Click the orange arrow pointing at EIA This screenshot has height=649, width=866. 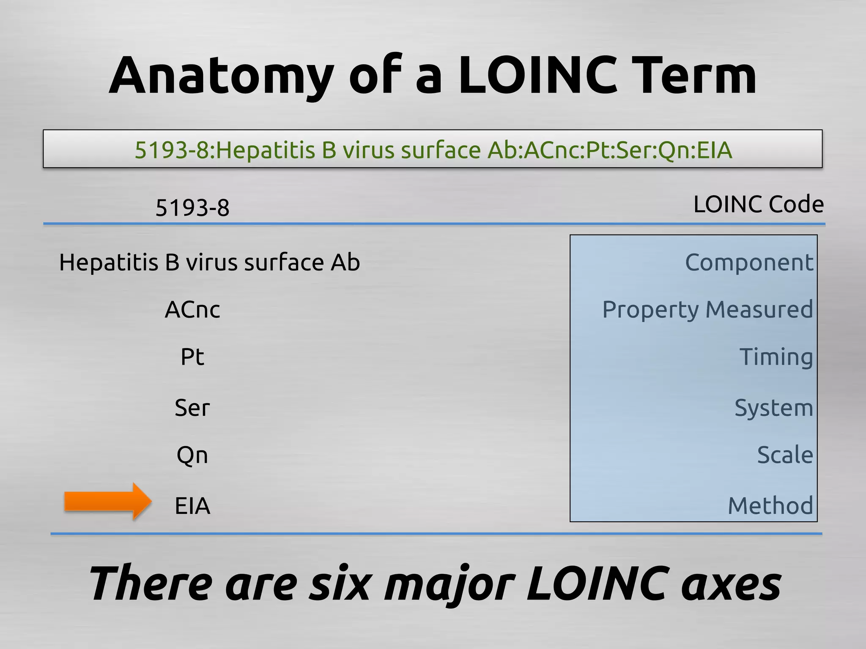tap(108, 502)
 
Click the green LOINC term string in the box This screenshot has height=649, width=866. tap(433, 150)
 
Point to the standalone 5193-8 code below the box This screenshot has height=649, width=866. tap(192, 207)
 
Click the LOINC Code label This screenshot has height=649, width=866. tap(759, 205)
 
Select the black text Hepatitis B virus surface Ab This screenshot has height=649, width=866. tap(209, 262)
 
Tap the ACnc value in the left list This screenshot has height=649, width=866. tap(192, 310)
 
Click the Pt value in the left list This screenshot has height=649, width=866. tap(192, 357)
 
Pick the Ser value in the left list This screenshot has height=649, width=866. tap(192, 408)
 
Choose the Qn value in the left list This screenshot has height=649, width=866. tap(192, 455)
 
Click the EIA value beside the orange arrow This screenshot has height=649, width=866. tap(192, 506)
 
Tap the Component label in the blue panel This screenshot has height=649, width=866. tap(749, 263)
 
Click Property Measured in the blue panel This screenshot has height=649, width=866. tap(707, 310)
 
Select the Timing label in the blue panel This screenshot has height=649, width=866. tap(776, 357)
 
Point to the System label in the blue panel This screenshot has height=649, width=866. tap(774, 408)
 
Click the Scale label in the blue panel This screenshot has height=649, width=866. tap(785, 455)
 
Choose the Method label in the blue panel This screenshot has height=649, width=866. tap(770, 506)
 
